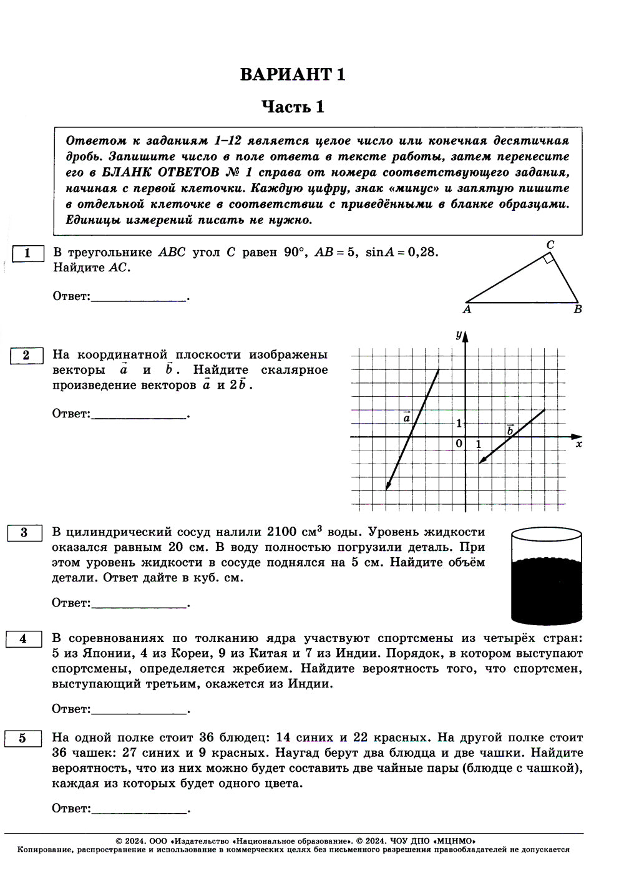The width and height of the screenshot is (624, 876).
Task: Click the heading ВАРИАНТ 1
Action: (x=293, y=74)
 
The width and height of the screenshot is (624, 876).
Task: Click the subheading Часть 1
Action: (x=293, y=107)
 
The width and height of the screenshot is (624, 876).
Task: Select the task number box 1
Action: (x=27, y=253)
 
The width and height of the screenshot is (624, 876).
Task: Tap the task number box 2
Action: (x=26, y=356)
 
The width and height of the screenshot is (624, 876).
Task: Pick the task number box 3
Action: (x=24, y=533)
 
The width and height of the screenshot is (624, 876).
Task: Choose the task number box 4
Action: (x=23, y=639)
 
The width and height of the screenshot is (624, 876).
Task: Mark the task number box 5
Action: (x=22, y=738)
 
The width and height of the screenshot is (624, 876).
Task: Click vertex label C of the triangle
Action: (x=550, y=245)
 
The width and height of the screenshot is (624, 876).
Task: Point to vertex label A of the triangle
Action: (x=467, y=309)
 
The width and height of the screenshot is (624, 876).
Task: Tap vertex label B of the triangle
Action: (x=577, y=309)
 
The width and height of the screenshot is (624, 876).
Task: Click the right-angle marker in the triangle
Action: (x=548, y=258)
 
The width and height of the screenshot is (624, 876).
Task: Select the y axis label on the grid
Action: (x=458, y=336)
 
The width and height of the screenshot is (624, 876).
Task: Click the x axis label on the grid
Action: (x=578, y=444)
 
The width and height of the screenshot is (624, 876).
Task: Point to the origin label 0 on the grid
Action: (x=459, y=444)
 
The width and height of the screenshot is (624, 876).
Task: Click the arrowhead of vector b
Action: (x=480, y=462)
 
